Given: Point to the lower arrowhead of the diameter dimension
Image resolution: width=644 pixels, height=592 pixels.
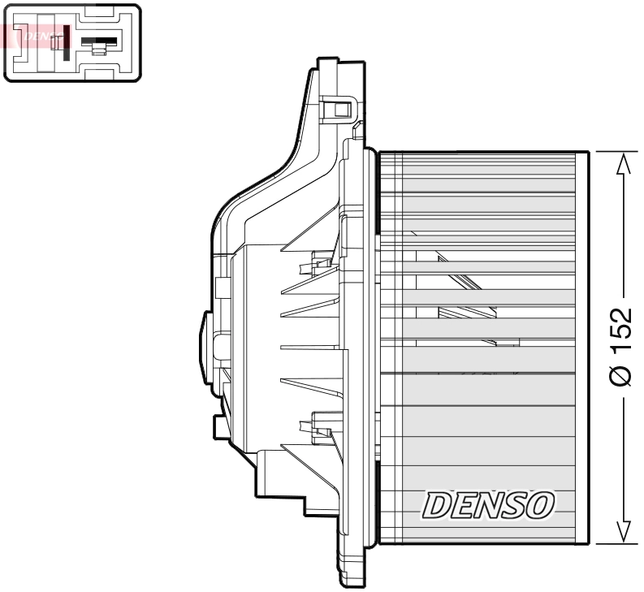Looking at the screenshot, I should (623, 529).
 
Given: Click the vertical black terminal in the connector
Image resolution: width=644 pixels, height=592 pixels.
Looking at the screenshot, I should (64, 42).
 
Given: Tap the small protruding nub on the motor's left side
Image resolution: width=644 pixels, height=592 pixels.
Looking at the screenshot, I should (204, 341).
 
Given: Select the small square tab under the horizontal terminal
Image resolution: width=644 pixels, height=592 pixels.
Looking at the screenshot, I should (99, 51).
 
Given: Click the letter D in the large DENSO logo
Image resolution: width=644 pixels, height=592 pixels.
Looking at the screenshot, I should (437, 506).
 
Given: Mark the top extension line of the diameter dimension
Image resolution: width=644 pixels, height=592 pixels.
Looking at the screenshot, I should (613, 151).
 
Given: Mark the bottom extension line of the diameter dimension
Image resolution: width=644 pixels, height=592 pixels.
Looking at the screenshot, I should (613, 542).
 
